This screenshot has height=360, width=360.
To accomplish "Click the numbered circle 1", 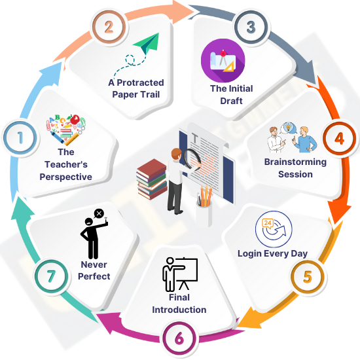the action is (20, 138).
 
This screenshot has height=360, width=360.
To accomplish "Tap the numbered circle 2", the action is (109, 27).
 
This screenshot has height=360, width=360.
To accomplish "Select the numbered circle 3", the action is (251, 27).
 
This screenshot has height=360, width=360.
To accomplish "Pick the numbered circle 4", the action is (340, 138).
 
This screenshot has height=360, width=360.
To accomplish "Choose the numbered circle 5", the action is (308, 277).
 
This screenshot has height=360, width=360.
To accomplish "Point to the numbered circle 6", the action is (179, 338).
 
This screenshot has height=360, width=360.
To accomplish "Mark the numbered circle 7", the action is (51, 276).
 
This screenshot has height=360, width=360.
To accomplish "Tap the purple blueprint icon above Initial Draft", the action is (223, 61).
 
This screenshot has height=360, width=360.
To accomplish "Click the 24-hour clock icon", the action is (274, 229).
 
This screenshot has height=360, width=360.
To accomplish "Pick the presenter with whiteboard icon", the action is (180, 274).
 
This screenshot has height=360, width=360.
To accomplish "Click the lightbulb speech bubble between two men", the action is (289, 128).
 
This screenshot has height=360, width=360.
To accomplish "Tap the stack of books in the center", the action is (152, 179).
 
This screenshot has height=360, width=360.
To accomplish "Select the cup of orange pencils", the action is (204, 205).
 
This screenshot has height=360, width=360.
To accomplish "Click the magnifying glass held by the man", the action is (192, 159).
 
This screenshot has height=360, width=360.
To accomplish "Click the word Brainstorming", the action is (295, 162).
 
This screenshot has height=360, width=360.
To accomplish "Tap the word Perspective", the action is (66, 177).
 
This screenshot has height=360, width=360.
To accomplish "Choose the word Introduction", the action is (179, 310).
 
